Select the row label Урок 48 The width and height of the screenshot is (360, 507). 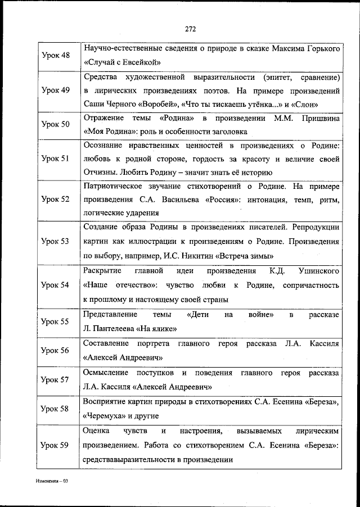point(56,56)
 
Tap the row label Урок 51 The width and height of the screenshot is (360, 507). point(56,159)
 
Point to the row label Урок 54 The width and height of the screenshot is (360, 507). point(56,285)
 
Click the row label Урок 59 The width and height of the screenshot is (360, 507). point(56,445)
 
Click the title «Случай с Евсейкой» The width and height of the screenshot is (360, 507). point(123,62)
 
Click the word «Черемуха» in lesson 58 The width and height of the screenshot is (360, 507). point(105,417)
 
